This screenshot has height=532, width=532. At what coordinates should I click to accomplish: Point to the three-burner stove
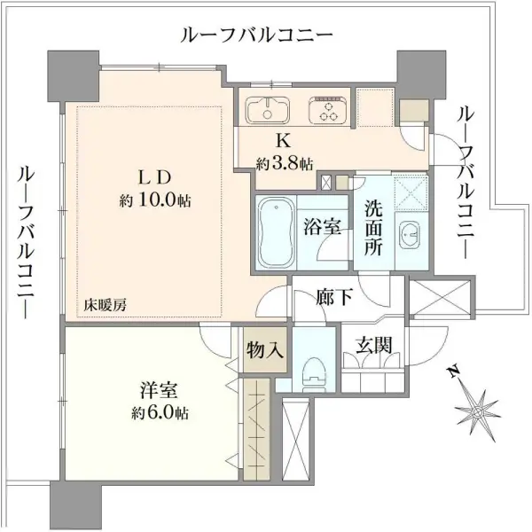click(327, 112)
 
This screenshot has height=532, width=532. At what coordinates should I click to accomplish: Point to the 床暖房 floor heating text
click(106, 305)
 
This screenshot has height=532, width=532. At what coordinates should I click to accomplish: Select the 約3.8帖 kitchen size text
click(285, 163)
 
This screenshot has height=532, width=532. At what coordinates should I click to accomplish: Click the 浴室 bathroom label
click(323, 226)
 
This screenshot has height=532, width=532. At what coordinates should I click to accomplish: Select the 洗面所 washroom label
click(373, 227)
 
